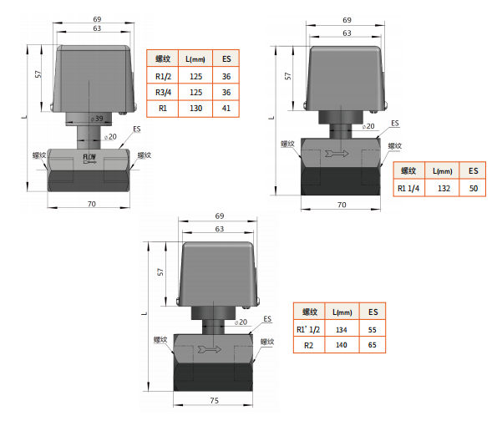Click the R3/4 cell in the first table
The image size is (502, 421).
click(163, 92)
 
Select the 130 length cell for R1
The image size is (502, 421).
click(195, 109)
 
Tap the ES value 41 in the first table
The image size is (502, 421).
click(226, 109)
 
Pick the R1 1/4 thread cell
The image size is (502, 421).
click(408, 188)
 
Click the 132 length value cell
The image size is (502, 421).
click(444, 188)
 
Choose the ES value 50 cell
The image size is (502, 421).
click(474, 188)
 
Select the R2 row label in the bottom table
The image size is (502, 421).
click(308, 346)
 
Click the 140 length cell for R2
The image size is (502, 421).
click(342, 345)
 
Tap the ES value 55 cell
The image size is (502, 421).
click(372, 330)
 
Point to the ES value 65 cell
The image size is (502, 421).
click(372, 345)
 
